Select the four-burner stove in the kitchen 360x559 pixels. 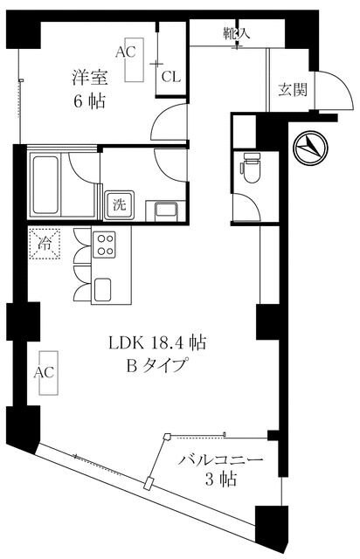pyautogui.click(x=106, y=245)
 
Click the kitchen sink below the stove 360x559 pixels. pyautogui.click(x=106, y=287)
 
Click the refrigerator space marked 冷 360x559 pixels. pyautogui.click(x=44, y=244)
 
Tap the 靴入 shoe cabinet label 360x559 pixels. pyautogui.click(x=236, y=34)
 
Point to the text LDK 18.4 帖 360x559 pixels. pyautogui.click(x=163, y=342)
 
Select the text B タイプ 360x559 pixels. pyautogui.click(x=157, y=366)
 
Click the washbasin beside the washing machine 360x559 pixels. pyautogui.click(x=163, y=210)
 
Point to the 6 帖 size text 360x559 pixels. pyautogui.click(x=89, y=101)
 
